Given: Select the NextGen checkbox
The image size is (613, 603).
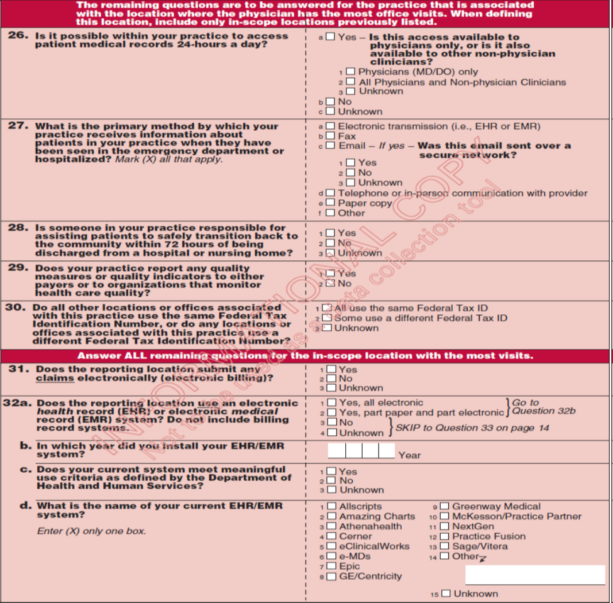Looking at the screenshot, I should click(x=445, y=527).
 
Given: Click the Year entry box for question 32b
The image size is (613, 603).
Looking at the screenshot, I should click(x=361, y=451).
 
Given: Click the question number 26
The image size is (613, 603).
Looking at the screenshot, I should click(x=18, y=35).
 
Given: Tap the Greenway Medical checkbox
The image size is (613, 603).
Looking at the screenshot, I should click(x=445, y=506).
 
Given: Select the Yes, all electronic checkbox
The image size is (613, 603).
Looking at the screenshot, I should click(x=331, y=403).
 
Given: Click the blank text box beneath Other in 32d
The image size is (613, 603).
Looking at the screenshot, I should click(x=534, y=575).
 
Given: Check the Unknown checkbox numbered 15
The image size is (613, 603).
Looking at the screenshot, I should click(x=446, y=594).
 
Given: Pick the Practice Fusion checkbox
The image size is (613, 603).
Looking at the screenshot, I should click(x=445, y=536).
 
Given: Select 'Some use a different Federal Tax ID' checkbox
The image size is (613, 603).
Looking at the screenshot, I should click(x=326, y=318).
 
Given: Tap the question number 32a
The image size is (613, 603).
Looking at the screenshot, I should click(x=18, y=403).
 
